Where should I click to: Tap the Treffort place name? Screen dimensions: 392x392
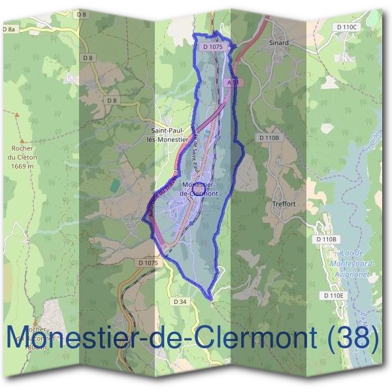tap(284, 204)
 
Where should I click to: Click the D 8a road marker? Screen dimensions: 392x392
tap(8, 29)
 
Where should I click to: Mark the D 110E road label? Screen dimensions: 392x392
tap(334, 296)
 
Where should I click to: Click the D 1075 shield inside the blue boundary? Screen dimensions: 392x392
tap(213, 47)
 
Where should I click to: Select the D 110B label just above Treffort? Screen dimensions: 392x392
tap(269, 138)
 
